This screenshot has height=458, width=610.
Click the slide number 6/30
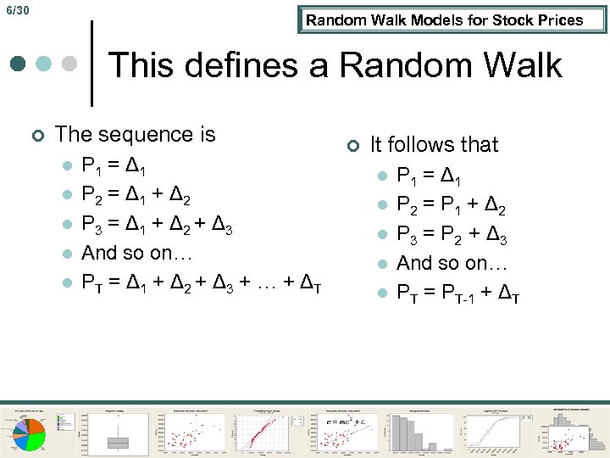pos(17,11)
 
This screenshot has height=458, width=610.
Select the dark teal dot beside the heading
pos(19,64)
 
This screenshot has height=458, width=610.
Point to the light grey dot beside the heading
pos(70,64)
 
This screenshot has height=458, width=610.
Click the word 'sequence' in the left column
pos(136,134)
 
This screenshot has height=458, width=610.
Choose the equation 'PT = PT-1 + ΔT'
pos(458,293)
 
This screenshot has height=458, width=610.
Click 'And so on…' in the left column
pos(137,253)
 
